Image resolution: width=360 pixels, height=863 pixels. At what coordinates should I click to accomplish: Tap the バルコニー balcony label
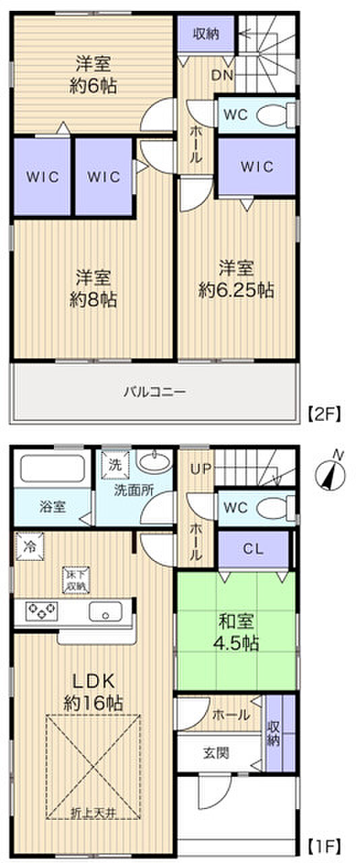click(x=154, y=391)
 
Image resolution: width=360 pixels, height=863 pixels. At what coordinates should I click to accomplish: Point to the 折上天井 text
click(x=94, y=812)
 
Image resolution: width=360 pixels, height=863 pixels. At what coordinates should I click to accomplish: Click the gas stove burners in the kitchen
click(x=42, y=612)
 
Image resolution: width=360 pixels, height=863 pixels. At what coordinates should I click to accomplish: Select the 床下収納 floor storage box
click(x=76, y=580)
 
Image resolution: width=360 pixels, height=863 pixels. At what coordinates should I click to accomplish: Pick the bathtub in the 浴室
click(x=49, y=469)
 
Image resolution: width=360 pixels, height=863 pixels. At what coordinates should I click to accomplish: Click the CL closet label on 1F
click(x=253, y=549)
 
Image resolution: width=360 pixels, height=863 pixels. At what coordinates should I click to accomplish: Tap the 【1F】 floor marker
click(x=325, y=843)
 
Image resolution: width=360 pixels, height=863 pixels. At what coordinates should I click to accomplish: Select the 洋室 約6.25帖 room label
click(x=236, y=279)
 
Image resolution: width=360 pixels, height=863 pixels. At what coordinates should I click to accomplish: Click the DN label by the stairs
click(x=223, y=76)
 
